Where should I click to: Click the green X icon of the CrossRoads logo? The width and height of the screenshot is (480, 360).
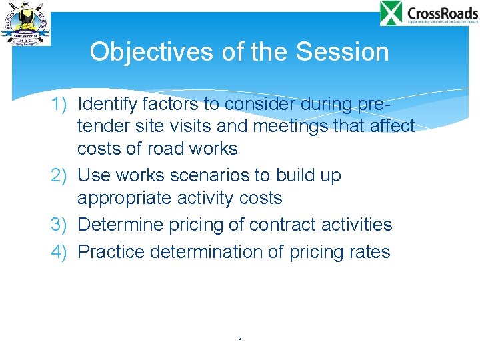[x=391, y=13]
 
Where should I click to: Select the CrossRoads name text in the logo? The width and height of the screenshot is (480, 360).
[x=441, y=12]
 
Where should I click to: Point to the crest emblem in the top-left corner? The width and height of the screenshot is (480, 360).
[x=25, y=23]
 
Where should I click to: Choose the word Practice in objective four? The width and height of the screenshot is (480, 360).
[x=111, y=252]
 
